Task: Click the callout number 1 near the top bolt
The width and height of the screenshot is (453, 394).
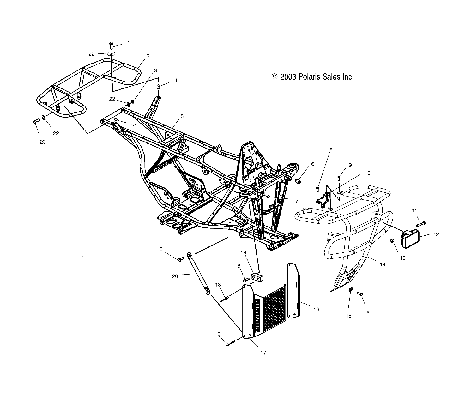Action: click(x=128, y=43)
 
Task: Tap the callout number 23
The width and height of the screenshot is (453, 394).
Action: click(x=42, y=142)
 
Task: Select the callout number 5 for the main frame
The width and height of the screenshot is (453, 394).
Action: click(x=182, y=116)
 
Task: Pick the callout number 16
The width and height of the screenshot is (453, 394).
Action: click(x=317, y=310)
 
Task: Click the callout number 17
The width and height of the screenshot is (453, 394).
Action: click(x=263, y=353)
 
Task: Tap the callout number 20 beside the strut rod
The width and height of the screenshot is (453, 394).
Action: click(x=175, y=276)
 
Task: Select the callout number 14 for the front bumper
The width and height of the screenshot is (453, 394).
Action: click(x=383, y=264)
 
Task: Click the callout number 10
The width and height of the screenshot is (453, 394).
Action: click(x=367, y=173)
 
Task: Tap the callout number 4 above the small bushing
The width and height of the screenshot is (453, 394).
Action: click(x=176, y=81)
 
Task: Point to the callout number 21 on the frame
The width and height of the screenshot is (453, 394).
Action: click(x=125, y=125)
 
